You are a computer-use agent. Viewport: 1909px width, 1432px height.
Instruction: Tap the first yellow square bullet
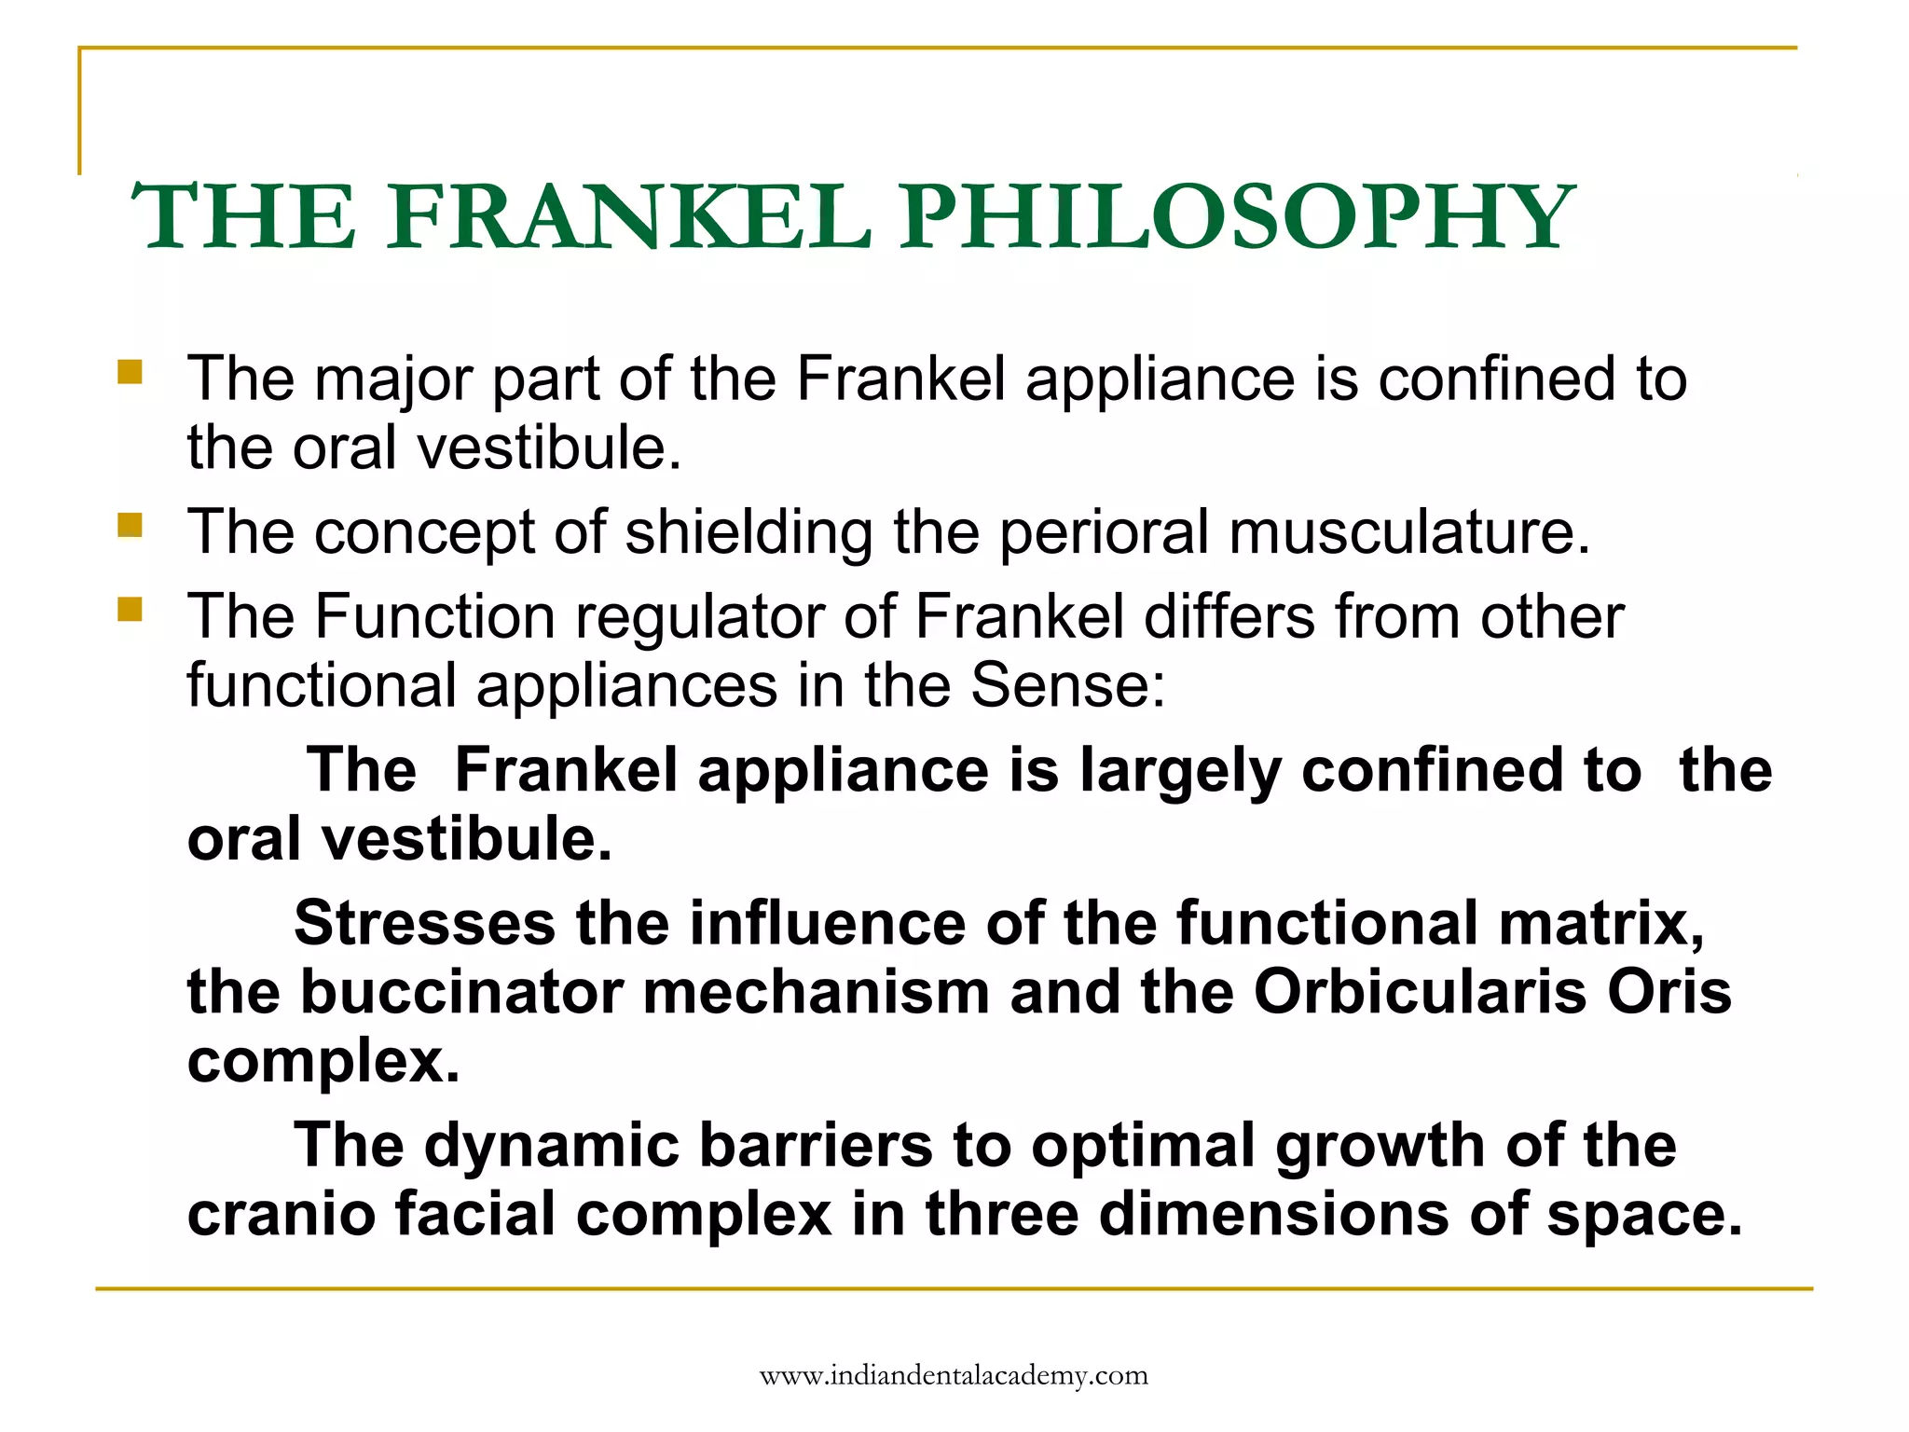coord(130,373)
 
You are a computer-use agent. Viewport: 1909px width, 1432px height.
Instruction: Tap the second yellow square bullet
coord(130,526)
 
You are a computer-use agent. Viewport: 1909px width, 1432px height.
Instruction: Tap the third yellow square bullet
coord(130,611)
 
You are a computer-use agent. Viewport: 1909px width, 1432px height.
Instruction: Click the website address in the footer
coord(954,1376)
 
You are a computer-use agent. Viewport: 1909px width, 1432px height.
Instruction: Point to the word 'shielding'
coord(748,533)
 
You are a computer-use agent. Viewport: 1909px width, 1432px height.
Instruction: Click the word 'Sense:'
coord(1067,686)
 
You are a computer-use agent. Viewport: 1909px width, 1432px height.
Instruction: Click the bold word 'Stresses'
coord(425,924)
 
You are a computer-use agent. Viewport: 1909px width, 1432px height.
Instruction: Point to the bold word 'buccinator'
coord(460,992)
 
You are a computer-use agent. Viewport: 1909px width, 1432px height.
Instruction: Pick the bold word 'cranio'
coord(280,1214)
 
